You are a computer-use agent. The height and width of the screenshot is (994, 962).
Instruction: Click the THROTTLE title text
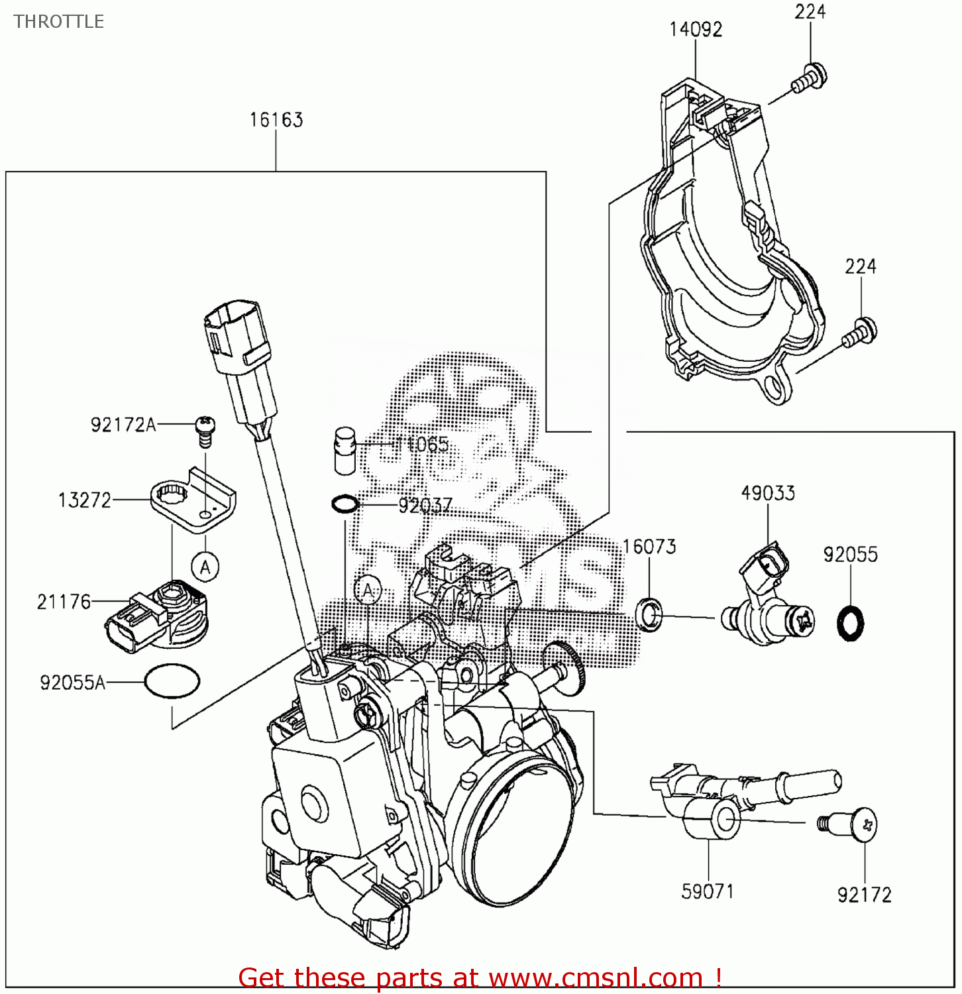click(x=58, y=22)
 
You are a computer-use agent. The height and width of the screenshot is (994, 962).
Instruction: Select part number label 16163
click(x=276, y=120)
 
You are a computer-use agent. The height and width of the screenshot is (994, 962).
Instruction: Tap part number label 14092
click(x=695, y=30)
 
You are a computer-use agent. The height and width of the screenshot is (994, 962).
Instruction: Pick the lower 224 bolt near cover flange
click(x=860, y=333)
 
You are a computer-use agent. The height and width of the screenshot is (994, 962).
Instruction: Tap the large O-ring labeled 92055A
click(x=172, y=681)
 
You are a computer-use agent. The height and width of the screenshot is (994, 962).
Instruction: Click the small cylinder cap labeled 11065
click(x=345, y=450)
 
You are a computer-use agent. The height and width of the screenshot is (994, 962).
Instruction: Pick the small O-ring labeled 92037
click(x=345, y=504)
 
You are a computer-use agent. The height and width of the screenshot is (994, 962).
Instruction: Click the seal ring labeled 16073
click(x=649, y=614)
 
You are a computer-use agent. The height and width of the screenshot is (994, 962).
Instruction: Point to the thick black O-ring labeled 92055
click(x=851, y=623)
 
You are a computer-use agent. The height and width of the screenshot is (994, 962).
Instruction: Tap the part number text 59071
click(x=708, y=891)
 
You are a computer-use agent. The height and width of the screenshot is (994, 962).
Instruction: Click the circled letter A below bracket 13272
click(x=205, y=567)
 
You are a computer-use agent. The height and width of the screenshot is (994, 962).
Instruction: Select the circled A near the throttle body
click(x=368, y=589)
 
